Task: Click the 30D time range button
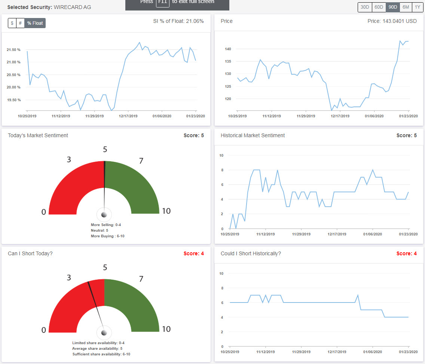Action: click(365, 7)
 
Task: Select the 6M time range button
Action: click(406, 7)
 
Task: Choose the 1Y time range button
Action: click(417, 7)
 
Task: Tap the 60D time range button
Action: click(379, 7)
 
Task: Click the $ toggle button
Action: click(12, 23)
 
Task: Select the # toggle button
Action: click(20, 23)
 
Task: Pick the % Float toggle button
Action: click(35, 23)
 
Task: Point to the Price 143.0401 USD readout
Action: click(392, 21)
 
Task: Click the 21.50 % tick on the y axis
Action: click(13, 49)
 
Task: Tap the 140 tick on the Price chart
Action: click(227, 49)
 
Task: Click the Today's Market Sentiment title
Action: click(38, 135)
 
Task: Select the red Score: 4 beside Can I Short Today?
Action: click(193, 253)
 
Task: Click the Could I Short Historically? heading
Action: click(251, 253)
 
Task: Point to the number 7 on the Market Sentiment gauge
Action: click(141, 161)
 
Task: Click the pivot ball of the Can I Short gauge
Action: click(104, 333)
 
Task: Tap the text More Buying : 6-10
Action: click(107, 236)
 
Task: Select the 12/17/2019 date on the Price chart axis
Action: click(340, 116)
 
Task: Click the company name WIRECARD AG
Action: click(72, 7)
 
